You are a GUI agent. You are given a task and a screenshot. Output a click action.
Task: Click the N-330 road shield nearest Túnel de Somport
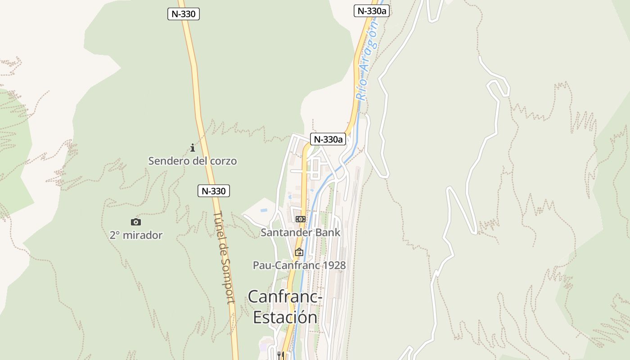pos(213,191)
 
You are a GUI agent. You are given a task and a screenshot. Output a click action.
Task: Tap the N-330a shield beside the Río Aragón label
pos(371,11)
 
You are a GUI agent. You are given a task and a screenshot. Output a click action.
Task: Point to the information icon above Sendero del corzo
pos(193,148)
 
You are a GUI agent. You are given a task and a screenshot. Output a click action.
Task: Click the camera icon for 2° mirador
pos(135,222)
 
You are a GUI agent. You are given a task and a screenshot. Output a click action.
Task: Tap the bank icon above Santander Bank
pos(300,219)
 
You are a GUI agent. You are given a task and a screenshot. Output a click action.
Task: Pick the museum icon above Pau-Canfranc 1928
pos(299,252)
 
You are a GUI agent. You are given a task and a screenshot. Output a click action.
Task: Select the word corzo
pos(223,161)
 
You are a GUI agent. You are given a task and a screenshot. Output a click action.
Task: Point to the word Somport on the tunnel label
pos(228,283)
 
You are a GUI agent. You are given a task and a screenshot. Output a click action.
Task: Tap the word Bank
pos(328,232)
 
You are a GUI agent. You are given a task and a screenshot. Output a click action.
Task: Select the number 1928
pos(334,265)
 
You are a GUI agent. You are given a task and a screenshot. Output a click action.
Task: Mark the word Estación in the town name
pos(285,317)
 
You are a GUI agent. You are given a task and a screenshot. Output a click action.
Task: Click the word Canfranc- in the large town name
pos(285,297)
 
